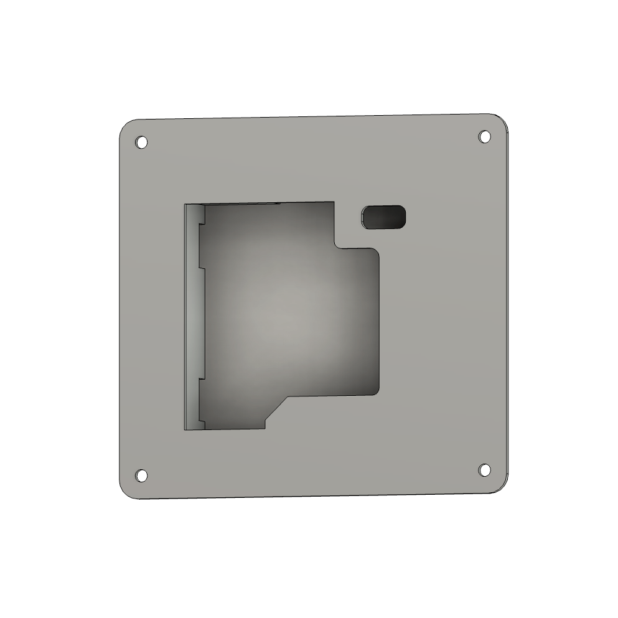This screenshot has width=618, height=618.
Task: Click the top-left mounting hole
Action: coord(142,143)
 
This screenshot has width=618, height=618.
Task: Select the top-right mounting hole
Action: coord(484,136)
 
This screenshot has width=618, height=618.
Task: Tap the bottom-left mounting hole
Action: coord(142,475)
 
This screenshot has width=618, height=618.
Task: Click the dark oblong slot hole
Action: coord(383,217)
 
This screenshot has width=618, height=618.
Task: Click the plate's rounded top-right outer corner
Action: coord(500,120)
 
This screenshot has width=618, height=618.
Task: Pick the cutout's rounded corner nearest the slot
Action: coord(375,251)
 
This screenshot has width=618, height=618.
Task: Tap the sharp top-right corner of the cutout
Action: coord(334,202)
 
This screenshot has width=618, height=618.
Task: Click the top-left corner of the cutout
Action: coord(185,204)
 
